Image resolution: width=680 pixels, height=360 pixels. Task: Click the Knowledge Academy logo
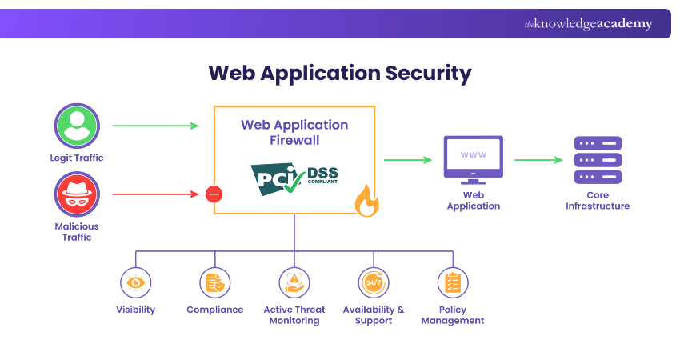(588, 24)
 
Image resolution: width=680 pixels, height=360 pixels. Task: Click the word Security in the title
(429, 74)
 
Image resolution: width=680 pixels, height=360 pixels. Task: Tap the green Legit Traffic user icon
(77, 126)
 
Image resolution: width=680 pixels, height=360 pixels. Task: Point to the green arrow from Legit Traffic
(155, 126)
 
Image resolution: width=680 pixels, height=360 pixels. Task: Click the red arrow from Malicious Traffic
(155, 194)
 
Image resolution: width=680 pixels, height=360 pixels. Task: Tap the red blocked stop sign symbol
(214, 194)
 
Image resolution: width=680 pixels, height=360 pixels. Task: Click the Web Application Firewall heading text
(294, 133)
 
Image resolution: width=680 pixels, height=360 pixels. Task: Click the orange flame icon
(366, 202)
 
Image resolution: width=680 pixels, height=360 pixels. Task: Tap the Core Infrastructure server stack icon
(598, 160)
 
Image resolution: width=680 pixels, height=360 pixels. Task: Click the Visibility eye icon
(135, 282)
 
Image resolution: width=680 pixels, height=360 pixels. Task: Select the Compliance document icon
(214, 282)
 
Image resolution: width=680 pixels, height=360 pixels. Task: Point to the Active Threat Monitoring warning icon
(294, 282)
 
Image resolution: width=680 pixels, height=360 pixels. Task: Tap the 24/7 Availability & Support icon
(374, 282)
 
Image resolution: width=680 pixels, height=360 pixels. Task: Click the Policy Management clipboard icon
(453, 282)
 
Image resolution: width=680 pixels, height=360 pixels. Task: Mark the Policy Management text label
(453, 315)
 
